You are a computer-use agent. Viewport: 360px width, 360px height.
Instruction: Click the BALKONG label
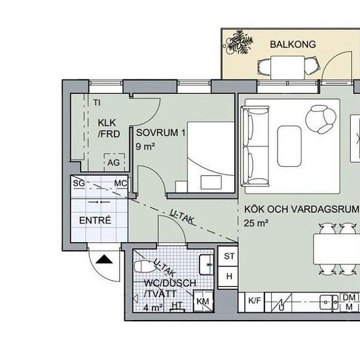click(x=293, y=45)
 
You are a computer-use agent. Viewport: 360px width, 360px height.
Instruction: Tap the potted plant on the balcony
click(x=239, y=43)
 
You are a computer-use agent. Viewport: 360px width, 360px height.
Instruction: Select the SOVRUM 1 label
click(x=161, y=133)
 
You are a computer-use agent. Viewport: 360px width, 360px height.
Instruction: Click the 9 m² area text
click(x=145, y=146)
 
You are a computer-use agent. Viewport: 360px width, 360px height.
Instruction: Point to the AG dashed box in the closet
click(x=115, y=162)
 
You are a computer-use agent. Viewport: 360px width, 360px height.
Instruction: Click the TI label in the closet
click(x=97, y=103)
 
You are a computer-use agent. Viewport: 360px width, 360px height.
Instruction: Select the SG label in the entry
click(x=79, y=183)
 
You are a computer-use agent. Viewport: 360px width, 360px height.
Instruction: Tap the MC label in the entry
click(x=120, y=183)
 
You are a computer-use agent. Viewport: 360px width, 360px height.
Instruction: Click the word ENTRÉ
click(x=95, y=221)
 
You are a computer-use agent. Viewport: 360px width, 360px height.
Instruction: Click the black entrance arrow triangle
click(x=104, y=259)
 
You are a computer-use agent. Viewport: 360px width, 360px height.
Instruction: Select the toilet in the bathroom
click(x=144, y=266)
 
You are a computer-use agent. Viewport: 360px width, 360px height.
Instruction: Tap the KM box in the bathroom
click(x=203, y=301)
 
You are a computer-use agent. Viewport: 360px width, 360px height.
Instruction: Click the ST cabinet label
click(x=229, y=256)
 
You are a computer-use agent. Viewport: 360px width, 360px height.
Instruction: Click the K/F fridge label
click(x=255, y=300)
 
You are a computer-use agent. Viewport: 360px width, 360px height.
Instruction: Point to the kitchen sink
click(x=329, y=302)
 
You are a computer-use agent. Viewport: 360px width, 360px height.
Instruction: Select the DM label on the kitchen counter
click(x=349, y=298)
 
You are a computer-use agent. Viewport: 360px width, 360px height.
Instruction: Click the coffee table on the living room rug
click(x=289, y=146)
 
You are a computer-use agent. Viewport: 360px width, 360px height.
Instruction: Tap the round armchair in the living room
click(x=321, y=119)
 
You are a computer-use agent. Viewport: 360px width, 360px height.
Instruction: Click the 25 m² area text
click(x=256, y=223)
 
